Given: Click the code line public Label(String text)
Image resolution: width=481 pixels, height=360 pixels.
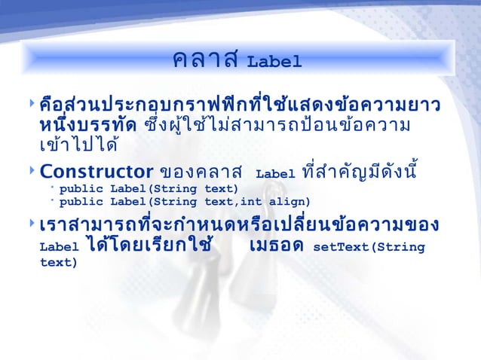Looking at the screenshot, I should click(x=149, y=188).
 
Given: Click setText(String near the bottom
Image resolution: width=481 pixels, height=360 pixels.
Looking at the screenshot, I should click(x=369, y=246).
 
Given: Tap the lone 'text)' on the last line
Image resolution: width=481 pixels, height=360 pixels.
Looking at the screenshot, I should click(x=58, y=263).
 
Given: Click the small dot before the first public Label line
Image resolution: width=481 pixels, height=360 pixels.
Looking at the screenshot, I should click(x=53, y=188).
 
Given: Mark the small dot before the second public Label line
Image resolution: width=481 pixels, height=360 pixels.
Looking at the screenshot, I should click(x=53, y=202).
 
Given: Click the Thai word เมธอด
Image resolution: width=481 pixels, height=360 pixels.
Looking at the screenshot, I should click(x=275, y=246).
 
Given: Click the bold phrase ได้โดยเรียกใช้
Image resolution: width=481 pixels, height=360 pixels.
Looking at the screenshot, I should click(x=147, y=245).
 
